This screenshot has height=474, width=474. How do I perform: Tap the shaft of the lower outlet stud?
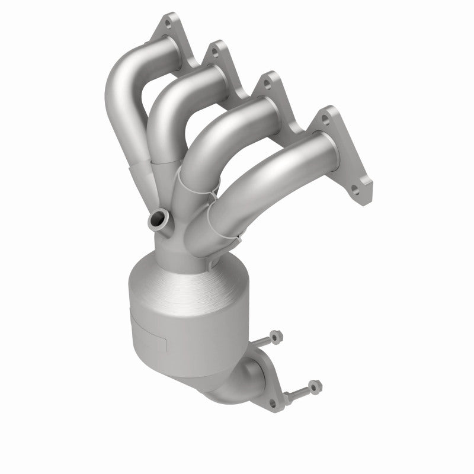[x=299, y=392]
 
